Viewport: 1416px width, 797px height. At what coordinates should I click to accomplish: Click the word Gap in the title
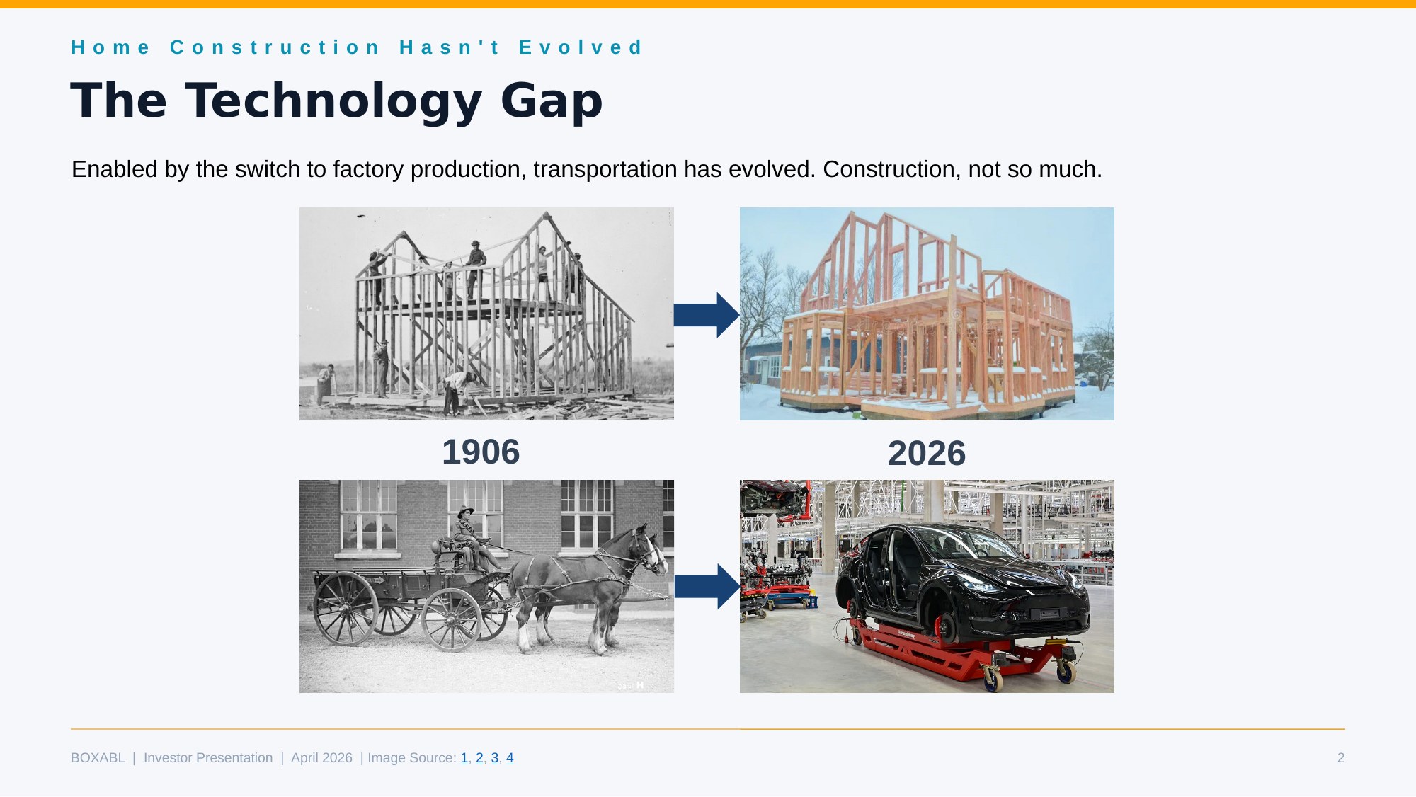[552, 101]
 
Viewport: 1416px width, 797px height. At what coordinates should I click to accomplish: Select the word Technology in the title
[333, 101]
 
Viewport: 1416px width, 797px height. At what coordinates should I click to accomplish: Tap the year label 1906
[481, 452]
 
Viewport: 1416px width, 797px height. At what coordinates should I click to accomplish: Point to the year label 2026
[926, 454]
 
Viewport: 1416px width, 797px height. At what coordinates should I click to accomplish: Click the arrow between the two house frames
[706, 314]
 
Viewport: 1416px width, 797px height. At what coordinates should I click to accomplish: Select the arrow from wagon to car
[707, 586]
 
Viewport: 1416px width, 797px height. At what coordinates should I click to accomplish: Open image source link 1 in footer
[464, 758]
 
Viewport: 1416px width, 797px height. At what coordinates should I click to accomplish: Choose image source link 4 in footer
[510, 758]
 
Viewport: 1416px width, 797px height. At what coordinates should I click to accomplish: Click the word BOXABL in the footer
[98, 758]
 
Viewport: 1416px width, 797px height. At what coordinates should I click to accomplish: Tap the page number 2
[1340, 758]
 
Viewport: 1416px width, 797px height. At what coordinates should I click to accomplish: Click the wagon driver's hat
[465, 511]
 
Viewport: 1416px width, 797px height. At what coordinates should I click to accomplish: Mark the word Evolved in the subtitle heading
[581, 47]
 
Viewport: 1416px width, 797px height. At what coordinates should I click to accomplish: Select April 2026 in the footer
[321, 758]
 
